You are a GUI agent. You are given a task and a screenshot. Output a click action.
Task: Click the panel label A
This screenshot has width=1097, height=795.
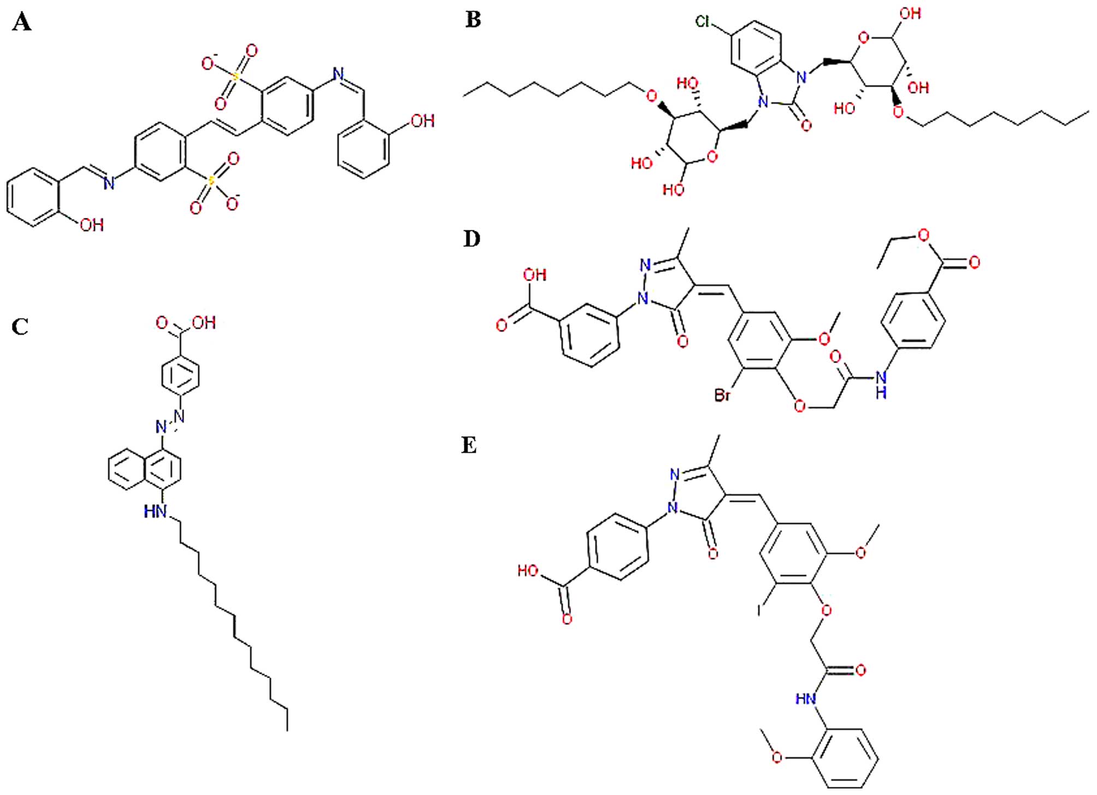(x=21, y=22)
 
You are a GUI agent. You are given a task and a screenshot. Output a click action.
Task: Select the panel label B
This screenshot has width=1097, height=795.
(x=473, y=20)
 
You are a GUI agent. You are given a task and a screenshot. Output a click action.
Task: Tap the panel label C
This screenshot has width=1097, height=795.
(x=20, y=327)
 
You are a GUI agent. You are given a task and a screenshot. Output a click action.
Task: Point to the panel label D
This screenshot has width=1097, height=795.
(x=471, y=239)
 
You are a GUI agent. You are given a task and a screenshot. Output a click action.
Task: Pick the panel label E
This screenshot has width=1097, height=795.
(x=469, y=446)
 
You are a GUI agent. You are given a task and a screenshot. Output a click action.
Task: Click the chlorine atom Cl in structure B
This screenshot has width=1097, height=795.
(x=703, y=21)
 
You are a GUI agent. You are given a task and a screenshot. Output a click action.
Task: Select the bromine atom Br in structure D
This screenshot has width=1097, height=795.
(x=722, y=394)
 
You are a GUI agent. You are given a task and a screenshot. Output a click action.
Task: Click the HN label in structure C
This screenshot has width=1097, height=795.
(x=155, y=512)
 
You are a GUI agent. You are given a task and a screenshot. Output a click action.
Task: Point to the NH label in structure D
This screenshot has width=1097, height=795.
(x=881, y=384)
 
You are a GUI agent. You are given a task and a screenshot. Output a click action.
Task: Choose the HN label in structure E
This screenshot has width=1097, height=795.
(x=806, y=699)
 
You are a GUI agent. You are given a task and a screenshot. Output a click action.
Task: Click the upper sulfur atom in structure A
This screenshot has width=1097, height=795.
(x=236, y=76)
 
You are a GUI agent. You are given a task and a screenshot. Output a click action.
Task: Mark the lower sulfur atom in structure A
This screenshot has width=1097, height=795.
(x=211, y=180)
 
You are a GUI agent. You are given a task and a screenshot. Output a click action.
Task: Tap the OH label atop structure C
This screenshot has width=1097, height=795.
(x=204, y=323)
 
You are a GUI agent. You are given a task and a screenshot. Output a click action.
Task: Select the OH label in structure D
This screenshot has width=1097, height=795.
(x=534, y=275)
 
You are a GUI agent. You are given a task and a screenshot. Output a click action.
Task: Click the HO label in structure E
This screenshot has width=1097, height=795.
(x=528, y=571)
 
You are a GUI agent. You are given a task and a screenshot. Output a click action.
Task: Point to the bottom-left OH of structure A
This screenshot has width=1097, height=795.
(x=91, y=225)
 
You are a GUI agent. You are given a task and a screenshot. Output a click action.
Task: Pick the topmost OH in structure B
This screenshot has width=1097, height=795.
(x=910, y=14)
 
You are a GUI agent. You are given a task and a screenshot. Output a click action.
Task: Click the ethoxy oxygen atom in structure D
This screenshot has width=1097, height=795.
(x=923, y=235)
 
